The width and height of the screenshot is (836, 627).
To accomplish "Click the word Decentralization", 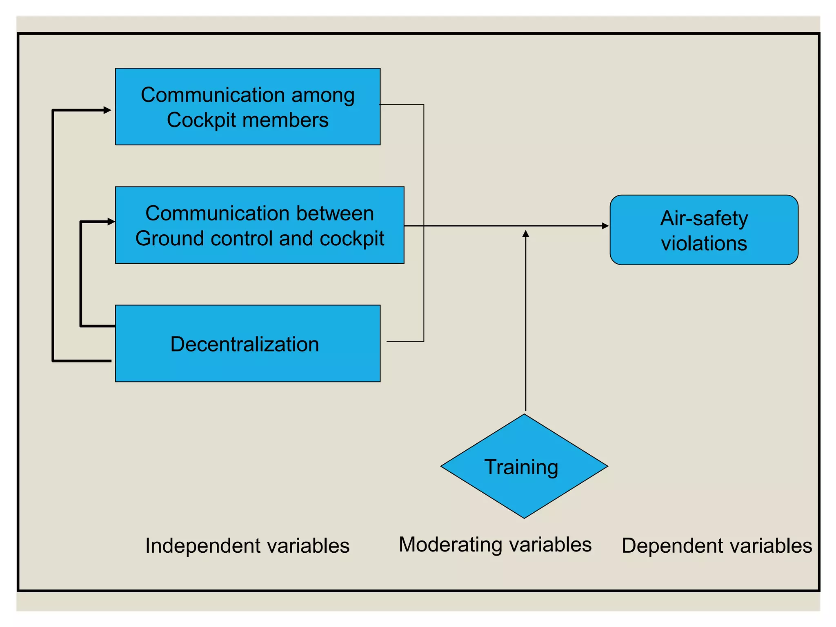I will coord(245,344).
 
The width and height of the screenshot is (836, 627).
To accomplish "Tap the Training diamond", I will coord(524,466).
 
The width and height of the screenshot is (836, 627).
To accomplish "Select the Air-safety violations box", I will coord(704,230).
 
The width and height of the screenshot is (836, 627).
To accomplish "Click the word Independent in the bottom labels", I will coord(192,546).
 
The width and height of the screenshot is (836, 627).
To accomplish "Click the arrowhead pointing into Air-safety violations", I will coord(605,226).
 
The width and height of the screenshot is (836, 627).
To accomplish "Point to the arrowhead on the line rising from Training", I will coord(526,233).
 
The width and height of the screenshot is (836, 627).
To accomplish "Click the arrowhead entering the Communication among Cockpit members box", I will coord(107,110).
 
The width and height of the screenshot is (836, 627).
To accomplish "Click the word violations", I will coord(704,243).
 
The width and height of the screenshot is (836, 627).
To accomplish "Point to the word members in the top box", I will coord(285,120).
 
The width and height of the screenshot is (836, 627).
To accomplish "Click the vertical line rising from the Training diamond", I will coord(526,327).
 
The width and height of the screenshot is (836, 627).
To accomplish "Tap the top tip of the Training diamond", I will coord(524,415).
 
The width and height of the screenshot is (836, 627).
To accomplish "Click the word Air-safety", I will coord(704,218).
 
